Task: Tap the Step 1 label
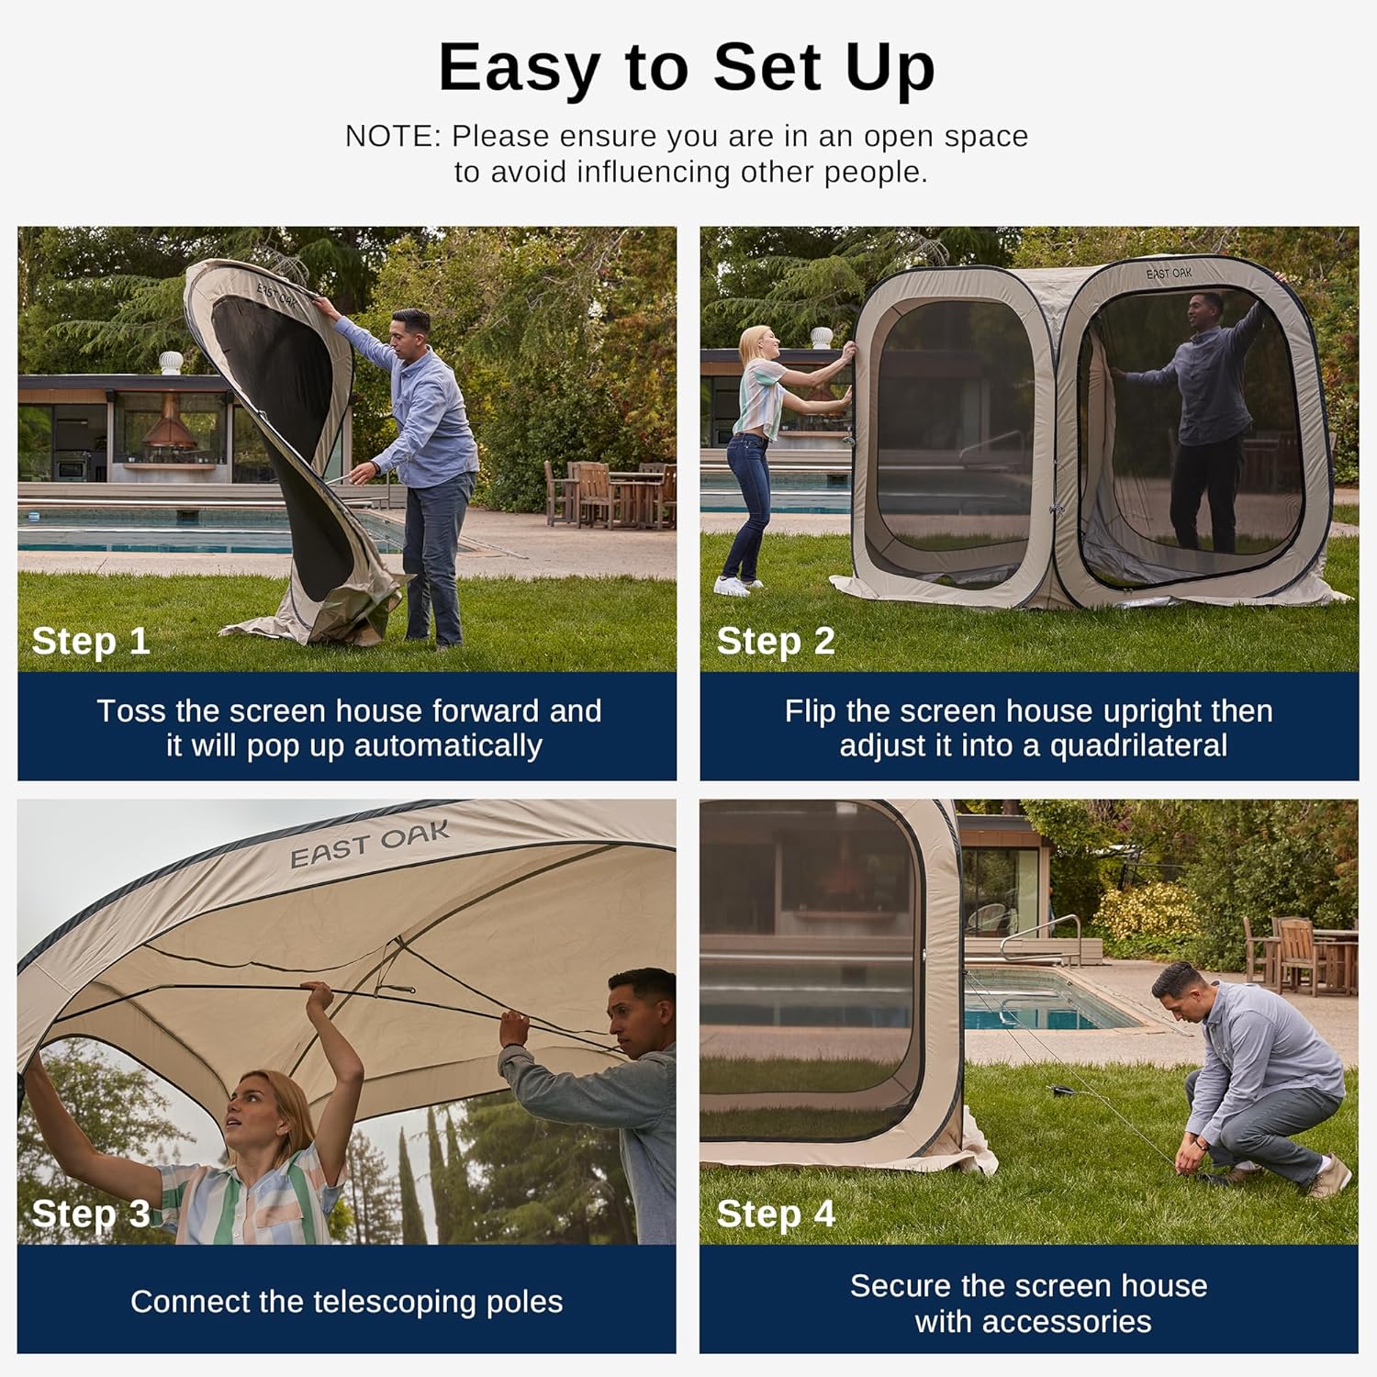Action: (91, 641)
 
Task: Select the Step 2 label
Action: (776, 641)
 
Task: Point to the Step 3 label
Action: (91, 1214)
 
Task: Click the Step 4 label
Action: (776, 1214)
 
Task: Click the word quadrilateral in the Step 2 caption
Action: (1138, 745)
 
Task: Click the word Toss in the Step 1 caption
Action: (131, 711)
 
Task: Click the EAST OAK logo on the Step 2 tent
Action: (1169, 274)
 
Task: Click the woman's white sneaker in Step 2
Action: (732, 586)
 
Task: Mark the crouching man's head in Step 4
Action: (1176, 989)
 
